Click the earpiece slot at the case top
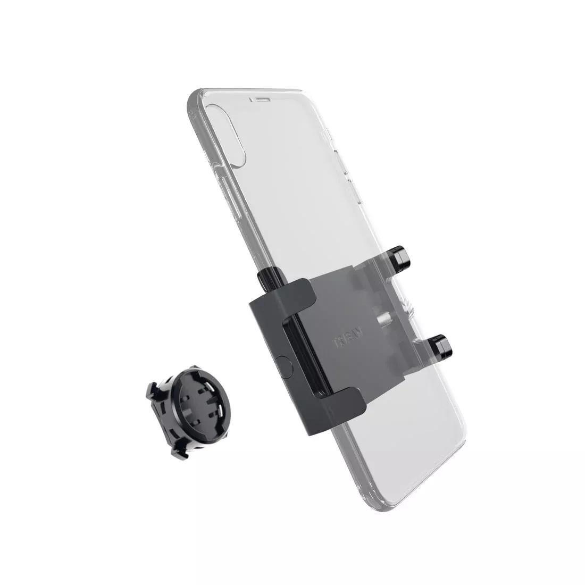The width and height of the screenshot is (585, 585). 262,99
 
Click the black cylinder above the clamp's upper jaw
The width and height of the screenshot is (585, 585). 269,278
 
